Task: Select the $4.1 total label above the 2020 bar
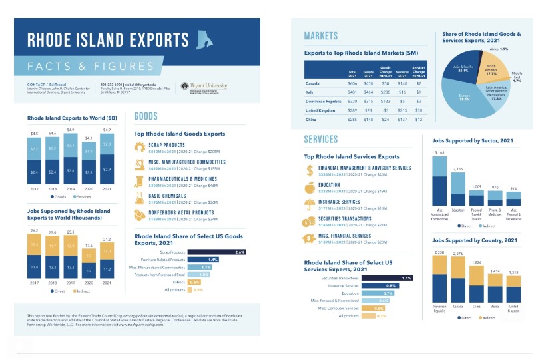click(x=89, y=138)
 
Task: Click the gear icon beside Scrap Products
click(x=140, y=147)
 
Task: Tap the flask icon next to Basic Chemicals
click(x=140, y=198)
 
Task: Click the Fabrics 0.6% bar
click(x=195, y=282)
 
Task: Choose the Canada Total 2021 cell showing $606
click(x=352, y=83)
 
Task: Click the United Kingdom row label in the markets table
click(x=320, y=110)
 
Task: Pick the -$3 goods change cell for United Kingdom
click(x=385, y=110)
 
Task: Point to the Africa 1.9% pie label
click(x=499, y=49)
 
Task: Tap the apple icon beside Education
click(x=309, y=188)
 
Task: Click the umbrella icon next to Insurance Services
click(x=309, y=205)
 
